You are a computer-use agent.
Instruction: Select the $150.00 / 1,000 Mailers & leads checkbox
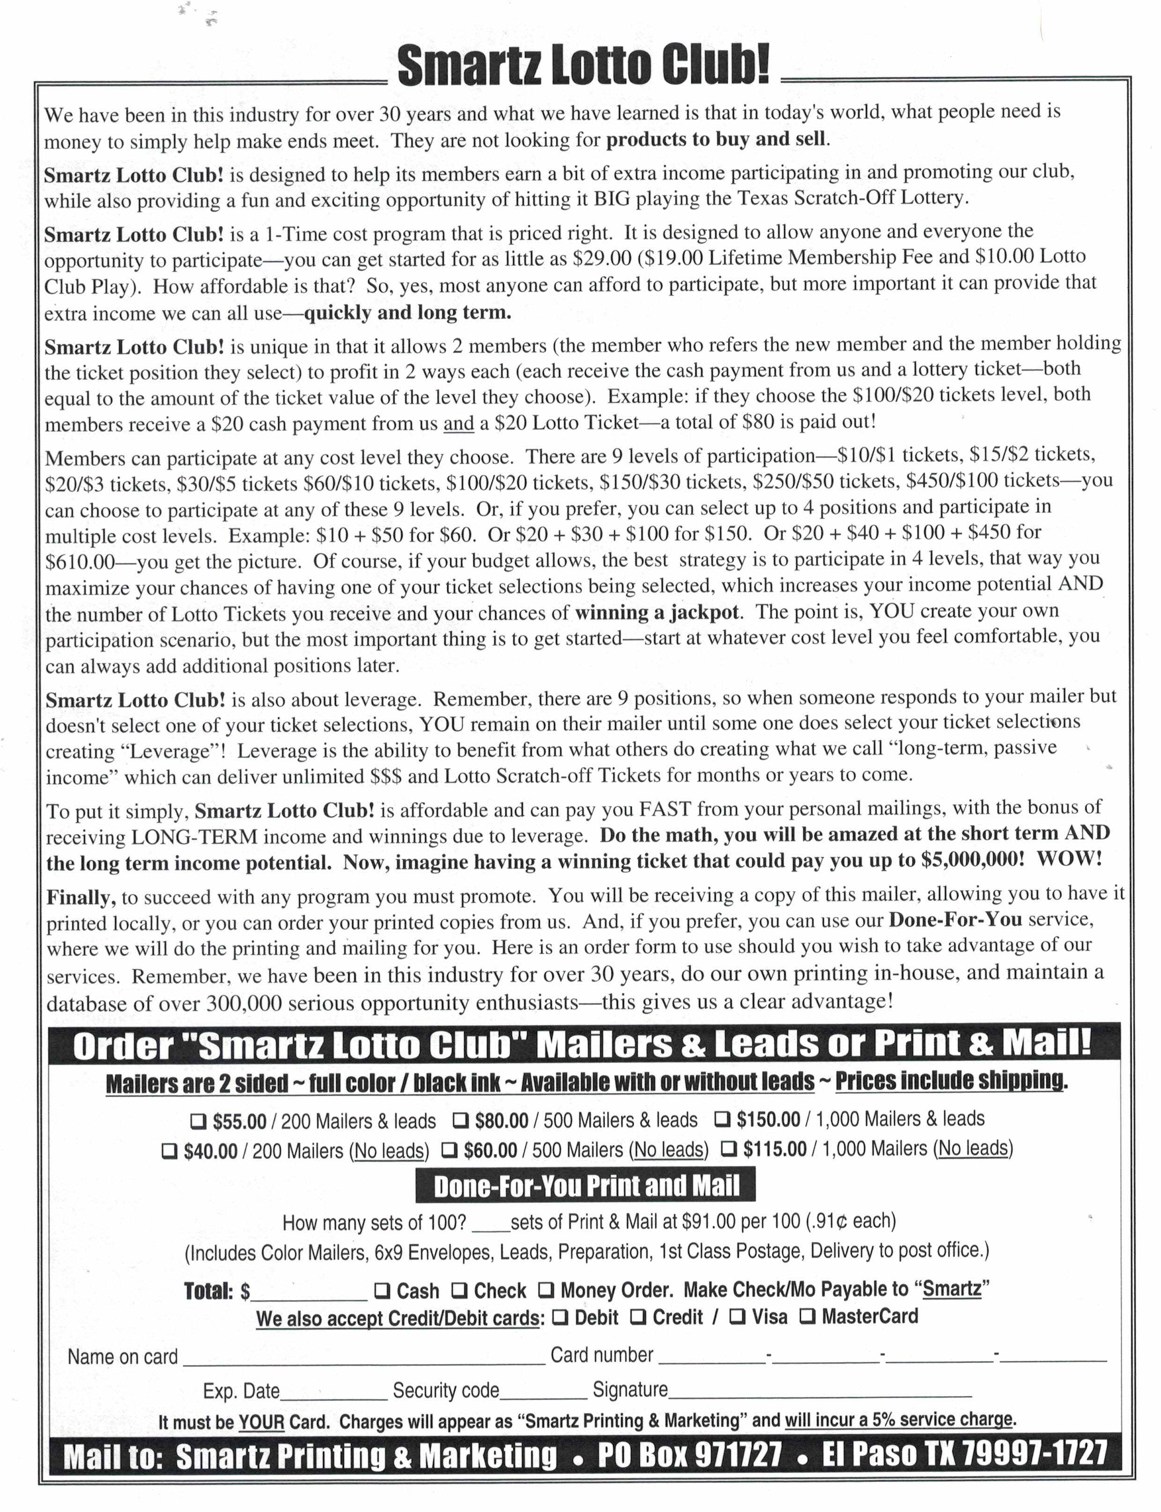[722, 1118]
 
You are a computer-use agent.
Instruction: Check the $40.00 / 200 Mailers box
[170, 1151]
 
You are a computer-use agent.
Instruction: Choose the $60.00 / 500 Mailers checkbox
[449, 1150]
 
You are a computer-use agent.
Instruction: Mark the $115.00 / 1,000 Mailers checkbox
[729, 1149]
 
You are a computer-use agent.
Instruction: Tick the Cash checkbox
[382, 1290]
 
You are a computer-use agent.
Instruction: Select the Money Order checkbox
[546, 1290]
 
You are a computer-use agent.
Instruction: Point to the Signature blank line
[820, 1392]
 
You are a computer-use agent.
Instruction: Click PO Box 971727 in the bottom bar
[690, 1455]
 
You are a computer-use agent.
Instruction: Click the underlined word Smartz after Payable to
[952, 1289]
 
